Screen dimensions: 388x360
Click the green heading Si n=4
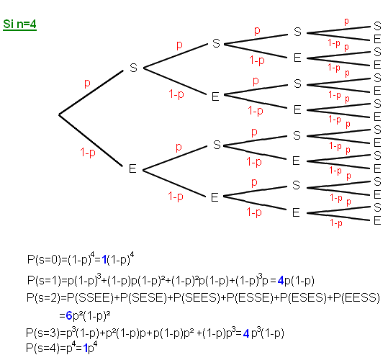pos(20,24)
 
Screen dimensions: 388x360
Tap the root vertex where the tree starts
pos(59,114)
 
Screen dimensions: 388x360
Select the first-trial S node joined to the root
pos(133,68)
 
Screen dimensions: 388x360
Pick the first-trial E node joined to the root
pos(132,168)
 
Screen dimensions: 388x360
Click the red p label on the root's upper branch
pos(87,83)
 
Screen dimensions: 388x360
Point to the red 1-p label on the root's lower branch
pos(88,152)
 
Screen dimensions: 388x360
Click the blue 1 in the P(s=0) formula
pos(104,260)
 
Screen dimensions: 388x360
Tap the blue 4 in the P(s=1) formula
pos(281,281)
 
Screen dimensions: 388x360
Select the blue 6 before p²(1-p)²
pos(69,315)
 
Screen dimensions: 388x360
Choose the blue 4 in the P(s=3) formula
pos(246,333)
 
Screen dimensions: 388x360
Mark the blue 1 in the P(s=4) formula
pos(86,348)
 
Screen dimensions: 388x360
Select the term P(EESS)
pos(356,297)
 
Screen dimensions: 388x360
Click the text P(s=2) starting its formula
pos(43,297)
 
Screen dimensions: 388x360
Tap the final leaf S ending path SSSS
pos(377,26)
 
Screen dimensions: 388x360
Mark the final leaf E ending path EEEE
pos(377,220)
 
